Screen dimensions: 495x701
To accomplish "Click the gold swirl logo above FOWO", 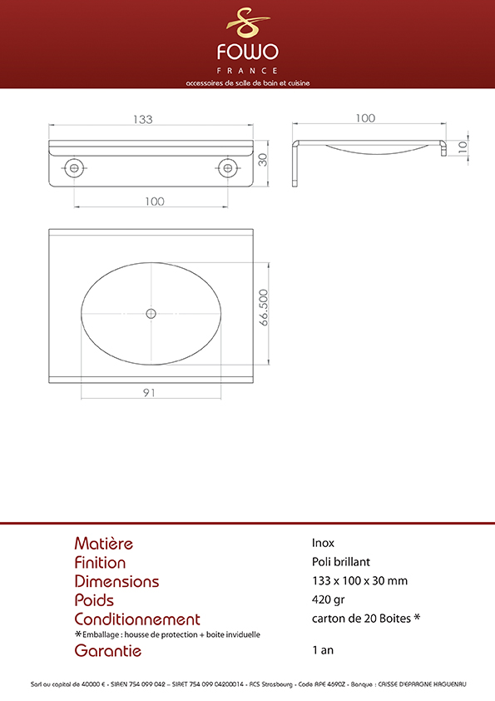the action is click(248, 22).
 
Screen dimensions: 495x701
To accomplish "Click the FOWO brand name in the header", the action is click(248, 52).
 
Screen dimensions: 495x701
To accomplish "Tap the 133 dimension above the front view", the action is click(143, 119).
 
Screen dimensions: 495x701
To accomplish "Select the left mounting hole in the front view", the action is click(74, 168).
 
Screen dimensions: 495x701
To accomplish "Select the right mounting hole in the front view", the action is click(228, 168).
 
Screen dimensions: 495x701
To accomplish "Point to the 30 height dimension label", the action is click(263, 160).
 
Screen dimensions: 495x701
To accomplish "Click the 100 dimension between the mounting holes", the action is click(155, 201).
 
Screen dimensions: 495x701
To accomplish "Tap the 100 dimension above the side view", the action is click(365, 118).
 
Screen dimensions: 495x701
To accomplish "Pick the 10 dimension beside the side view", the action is click(463, 147).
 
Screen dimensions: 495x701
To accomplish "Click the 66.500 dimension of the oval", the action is click(263, 307).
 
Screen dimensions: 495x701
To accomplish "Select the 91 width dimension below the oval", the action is click(149, 392).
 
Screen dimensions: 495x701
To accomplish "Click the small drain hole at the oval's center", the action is click(151, 313).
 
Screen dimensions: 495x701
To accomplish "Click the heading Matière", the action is click(104, 544).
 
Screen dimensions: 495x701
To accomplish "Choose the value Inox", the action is click(323, 543).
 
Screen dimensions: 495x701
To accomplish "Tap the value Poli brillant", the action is click(341, 561).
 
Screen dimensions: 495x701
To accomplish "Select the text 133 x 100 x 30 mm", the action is click(359, 581).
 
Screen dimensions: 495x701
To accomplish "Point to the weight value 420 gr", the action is click(328, 599).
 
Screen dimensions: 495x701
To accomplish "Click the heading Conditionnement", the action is click(137, 619).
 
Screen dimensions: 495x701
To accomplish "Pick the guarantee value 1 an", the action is click(323, 650).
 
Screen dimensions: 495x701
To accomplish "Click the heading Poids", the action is click(94, 600).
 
